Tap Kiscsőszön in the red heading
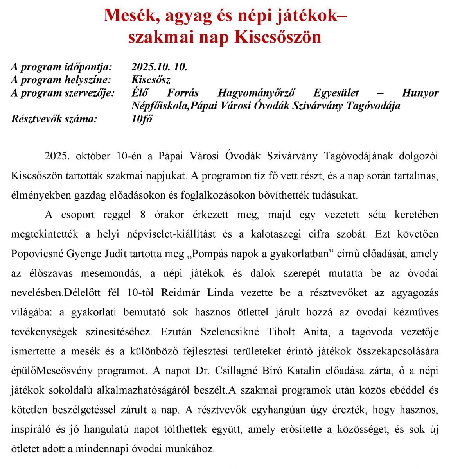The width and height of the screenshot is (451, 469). click(x=278, y=37)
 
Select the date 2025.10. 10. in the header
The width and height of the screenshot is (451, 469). click(x=159, y=67)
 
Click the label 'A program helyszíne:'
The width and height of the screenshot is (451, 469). click(x=61, y=80)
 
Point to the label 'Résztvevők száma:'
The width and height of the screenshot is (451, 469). click(x=54, y=119)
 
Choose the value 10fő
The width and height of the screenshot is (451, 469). click(x=142, y=119)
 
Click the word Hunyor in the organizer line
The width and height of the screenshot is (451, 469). click(x=420, y=93)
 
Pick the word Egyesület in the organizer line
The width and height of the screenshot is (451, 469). click(x=336, y=93)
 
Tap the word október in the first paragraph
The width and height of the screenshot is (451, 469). click(x=93, y=156)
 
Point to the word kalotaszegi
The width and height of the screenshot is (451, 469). click(x=276, y=234)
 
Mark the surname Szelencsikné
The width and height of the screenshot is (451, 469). click(x=230, y=332)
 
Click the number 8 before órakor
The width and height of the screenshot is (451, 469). click(x=143, y=215)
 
